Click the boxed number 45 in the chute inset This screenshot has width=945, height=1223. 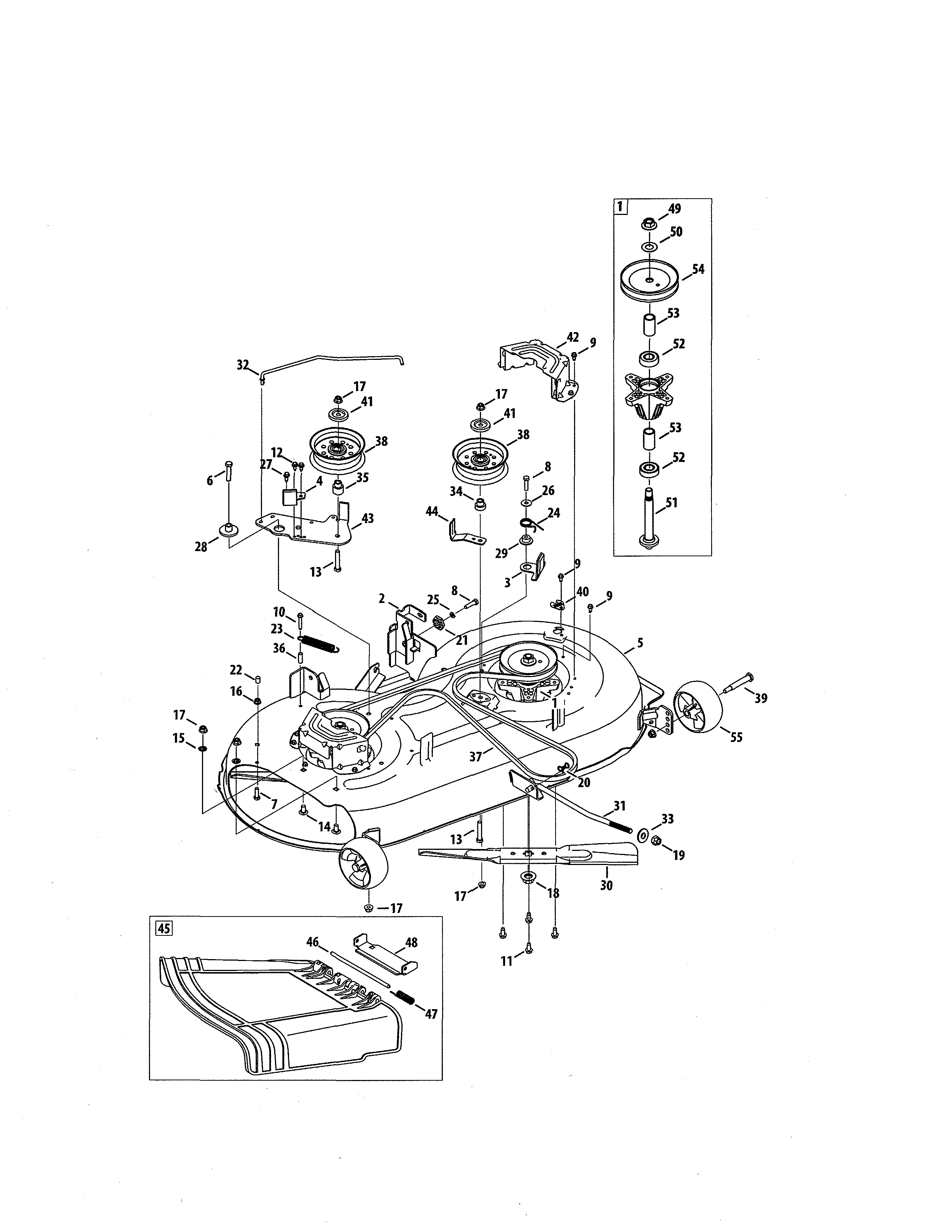pos(163,928)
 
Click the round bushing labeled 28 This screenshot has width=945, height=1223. pos(228,529)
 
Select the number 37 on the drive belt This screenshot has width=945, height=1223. pos(475,756)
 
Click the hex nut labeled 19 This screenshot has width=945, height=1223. pos(657,841)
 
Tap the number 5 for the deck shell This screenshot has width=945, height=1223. pos(640,643)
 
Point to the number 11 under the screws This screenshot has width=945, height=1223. pos(507,961)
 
